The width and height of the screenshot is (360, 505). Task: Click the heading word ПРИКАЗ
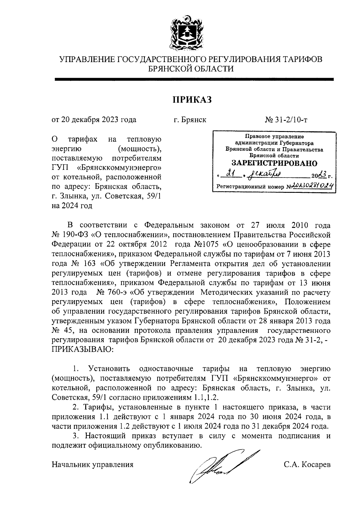click(192, 99)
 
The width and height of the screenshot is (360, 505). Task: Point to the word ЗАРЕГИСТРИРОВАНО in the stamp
click(274, 164)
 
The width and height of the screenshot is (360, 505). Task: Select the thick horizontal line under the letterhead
click(194, 79)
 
